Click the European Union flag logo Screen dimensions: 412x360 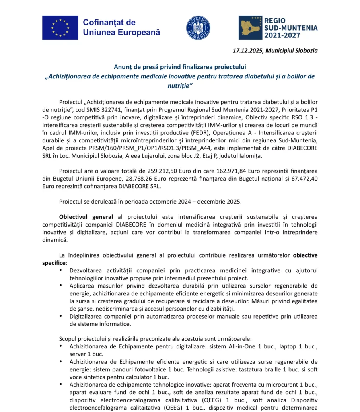[x=60, y=28]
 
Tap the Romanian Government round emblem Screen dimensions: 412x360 [x=198, y=28]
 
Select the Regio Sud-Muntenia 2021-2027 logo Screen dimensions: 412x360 [x=278, y=28]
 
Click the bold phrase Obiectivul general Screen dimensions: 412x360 [x=86, y=217]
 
